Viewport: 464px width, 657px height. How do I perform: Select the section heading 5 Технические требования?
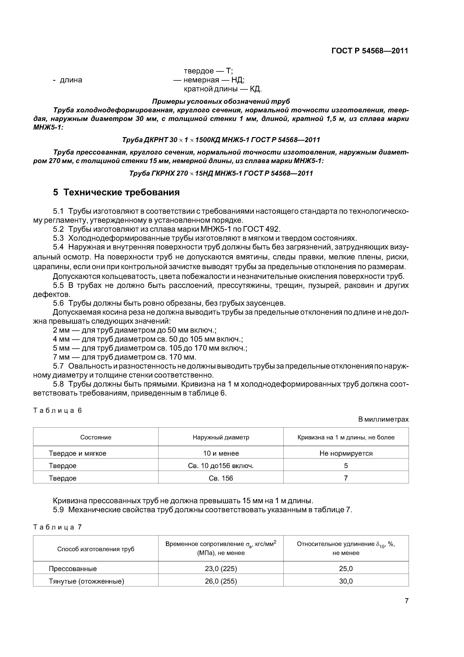pos(116,192)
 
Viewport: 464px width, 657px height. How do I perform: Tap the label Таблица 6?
pos(57,410)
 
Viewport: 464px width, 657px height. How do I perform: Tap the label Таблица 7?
pos(57,527)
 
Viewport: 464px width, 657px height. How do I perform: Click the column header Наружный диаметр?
pos(221,437)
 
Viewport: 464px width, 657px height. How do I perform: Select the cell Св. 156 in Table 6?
pos(221,478)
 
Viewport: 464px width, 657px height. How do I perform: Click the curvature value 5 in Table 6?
pos(346,466)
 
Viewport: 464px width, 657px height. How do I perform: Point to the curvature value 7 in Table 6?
pos(346,478)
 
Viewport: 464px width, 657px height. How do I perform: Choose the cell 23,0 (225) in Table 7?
pos(221,569)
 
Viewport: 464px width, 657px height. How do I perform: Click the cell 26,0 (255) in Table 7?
pos(221,581)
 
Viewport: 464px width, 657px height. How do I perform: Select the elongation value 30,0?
pos(346,581)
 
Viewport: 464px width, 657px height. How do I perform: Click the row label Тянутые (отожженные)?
pos(86,581)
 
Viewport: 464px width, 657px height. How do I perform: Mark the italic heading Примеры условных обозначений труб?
pos(221,101)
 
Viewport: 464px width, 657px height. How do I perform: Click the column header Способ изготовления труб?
pos(96,549)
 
